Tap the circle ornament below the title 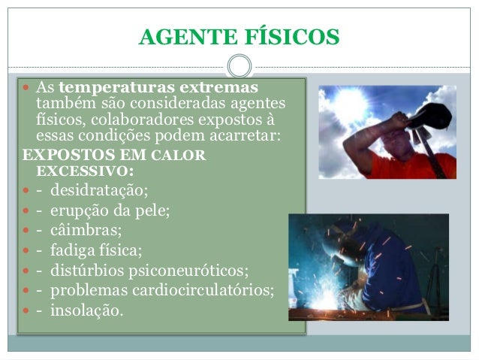(239, 65)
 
